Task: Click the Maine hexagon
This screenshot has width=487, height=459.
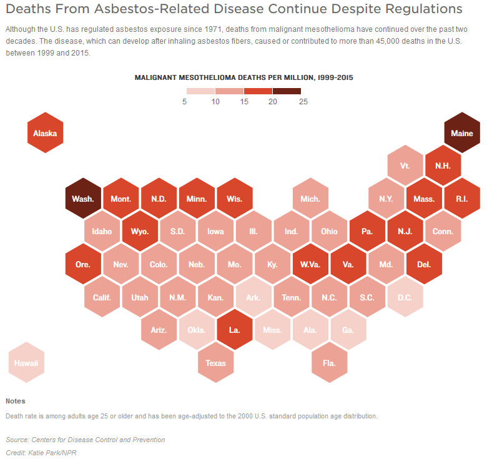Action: (462, 133)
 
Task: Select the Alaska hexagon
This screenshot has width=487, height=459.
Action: (45, 133)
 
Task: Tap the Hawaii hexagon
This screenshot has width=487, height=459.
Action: (26, 362)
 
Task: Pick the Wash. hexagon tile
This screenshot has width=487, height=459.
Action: (83, 199)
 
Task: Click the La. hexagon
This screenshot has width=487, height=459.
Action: (235, 329)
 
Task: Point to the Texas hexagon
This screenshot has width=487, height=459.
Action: (216, 362)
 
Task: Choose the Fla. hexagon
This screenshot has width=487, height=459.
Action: (330, 362)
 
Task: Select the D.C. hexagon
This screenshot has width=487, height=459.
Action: (405, 297)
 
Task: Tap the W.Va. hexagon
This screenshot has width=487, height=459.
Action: (310, 264)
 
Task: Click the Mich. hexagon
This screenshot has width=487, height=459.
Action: (310, 199)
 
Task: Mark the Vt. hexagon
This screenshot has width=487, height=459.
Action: (405, 166)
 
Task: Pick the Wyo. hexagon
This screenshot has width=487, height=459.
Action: (140, 231)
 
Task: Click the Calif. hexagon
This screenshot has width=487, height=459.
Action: (102, 297)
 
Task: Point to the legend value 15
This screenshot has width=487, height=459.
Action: (243, 102)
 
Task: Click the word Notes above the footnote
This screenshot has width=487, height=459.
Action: (16, 401)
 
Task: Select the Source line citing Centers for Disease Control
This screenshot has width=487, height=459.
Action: (86, 440)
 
